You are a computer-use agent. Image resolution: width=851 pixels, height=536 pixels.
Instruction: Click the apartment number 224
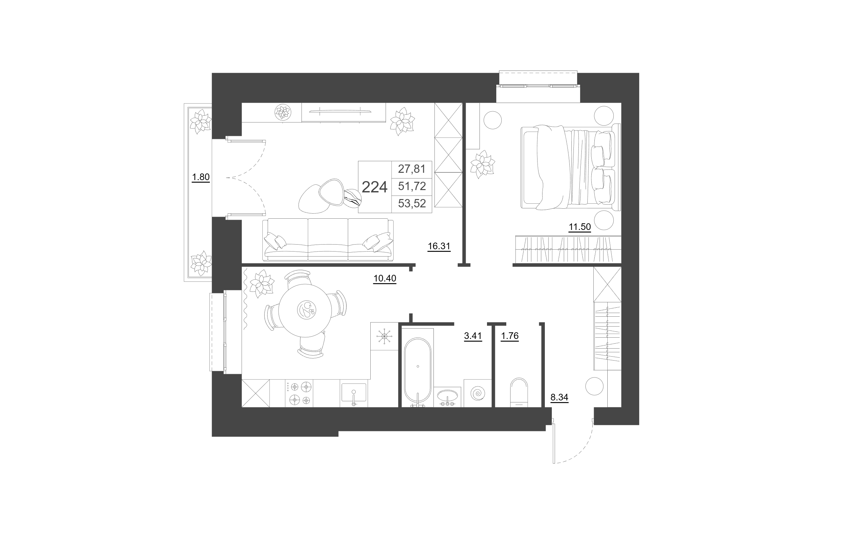(x=375, y=187)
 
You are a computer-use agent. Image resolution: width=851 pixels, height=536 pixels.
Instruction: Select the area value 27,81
(x=412, y=169)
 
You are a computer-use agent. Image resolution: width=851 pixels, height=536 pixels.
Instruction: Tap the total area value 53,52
(x=412, y=203)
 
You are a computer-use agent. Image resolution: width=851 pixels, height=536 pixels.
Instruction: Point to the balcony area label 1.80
(x=201, y=177)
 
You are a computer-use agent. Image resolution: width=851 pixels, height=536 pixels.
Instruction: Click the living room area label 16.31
(x=439, y=246)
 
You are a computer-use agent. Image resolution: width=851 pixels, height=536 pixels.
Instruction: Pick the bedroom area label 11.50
(x=580, y=227)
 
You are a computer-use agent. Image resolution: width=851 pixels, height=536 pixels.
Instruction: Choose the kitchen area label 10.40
(x=385, y=279)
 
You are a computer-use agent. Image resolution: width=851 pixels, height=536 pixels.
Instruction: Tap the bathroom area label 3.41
(x=473, y=336)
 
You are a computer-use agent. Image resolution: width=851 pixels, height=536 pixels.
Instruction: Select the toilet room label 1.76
(x=510, y=336)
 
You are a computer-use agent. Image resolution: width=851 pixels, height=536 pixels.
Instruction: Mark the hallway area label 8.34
(x=559, y=397)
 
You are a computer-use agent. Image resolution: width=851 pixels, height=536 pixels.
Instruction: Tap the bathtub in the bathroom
(x=418, y=371)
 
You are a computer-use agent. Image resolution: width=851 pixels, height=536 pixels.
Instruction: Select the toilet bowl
(x=519, y=392)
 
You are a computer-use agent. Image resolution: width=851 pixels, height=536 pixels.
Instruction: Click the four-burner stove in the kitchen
(x=299, y=393)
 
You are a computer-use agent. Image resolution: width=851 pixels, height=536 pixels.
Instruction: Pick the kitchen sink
(x=354, y=393)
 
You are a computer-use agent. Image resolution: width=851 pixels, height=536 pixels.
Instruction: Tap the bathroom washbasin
(x=448, y=397)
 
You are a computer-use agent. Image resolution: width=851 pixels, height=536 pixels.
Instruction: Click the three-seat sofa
(x=328, y=240)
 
